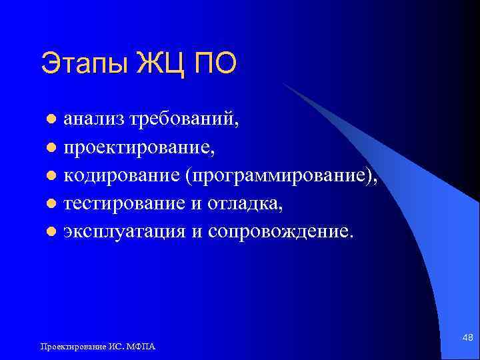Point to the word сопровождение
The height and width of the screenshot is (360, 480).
[x=287, y=231]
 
